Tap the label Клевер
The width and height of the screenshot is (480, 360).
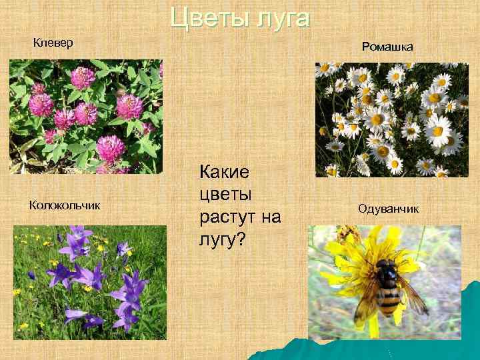(53, 43)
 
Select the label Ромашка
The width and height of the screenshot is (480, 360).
(387, 47)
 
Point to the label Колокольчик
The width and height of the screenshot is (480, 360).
(65, 205)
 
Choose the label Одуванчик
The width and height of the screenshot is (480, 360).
(388, 209)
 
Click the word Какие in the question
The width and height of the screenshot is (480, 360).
(224, 173)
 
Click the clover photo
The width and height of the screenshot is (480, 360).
(86, 117)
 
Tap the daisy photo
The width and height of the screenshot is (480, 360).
(392, 120)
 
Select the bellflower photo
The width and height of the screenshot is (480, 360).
(90, 278)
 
